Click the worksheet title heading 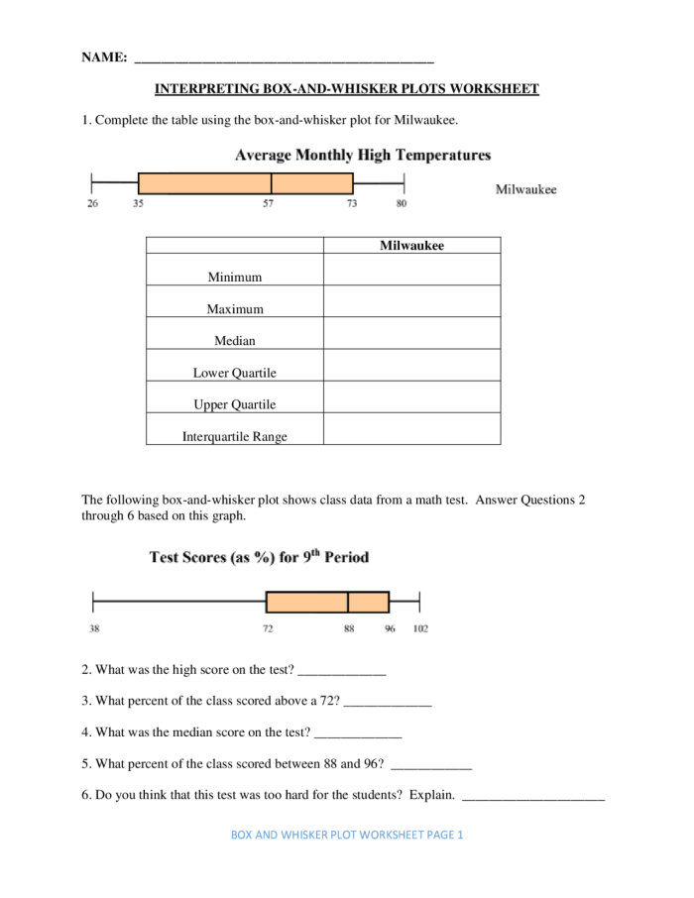coord(347,89)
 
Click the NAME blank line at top coord(284,59)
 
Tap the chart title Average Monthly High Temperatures coord(363,156)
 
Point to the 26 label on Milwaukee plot coord(92,204)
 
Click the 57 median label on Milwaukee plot coord(269,204)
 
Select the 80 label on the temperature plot coord(402,204)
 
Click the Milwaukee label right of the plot coord(526,189)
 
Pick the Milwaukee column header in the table coord(411,246)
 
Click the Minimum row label coord(235,278)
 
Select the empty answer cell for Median coord(411,334)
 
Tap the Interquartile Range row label coord(235,436)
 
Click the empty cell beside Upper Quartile coord(411,397)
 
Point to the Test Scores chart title coord(259,557)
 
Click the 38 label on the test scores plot coord(93,628)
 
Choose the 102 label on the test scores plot coord(420,628)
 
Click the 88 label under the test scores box coord(349,628)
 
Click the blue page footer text coord(347,835)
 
